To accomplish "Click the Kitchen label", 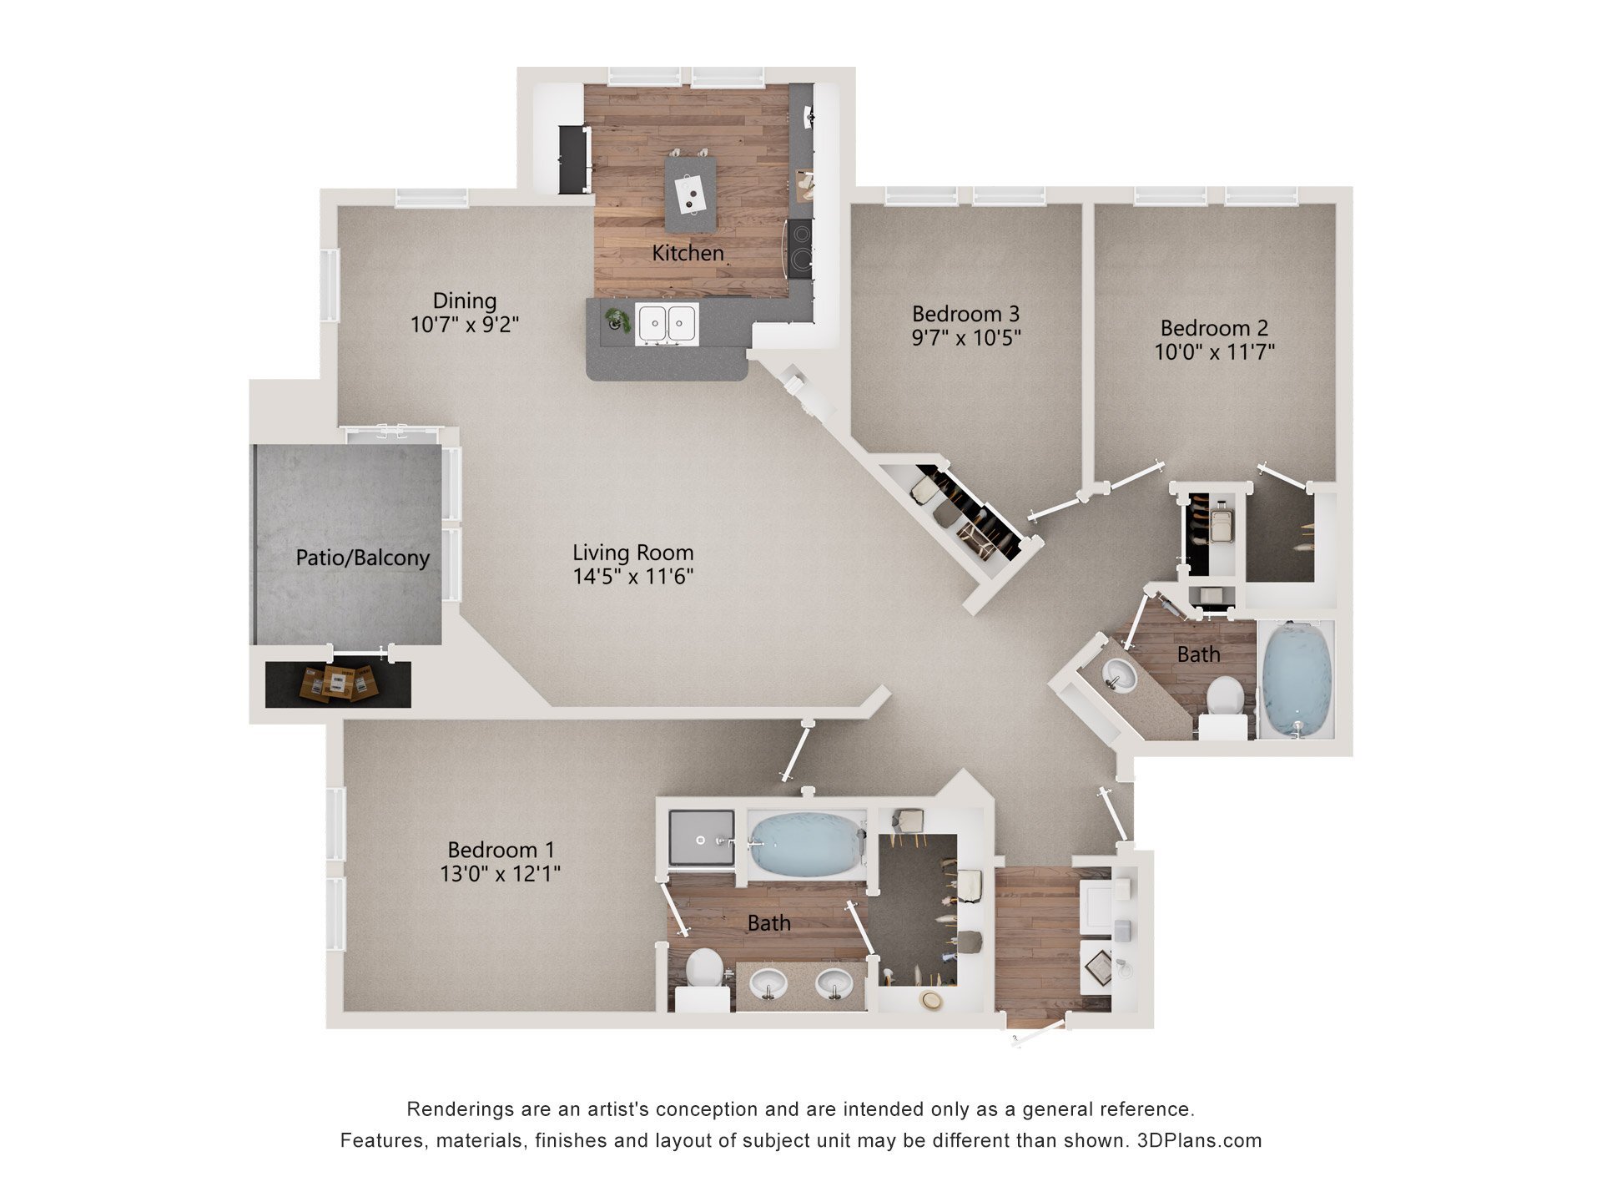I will [688, 253].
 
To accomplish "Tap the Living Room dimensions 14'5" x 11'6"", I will [632, 577].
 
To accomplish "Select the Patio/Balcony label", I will [362, 558].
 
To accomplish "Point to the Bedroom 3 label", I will [965, 314].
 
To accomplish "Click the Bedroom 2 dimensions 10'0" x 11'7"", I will [1214, 352].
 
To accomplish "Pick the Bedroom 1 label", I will [501, 850].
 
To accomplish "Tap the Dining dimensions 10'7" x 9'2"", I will [464, 325].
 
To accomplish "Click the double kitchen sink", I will [667, 324].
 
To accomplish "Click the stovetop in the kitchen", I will [801, 249].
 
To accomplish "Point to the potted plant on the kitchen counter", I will [617, 319].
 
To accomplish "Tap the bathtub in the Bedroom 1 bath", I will [804, 844].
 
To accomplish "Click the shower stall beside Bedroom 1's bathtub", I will [702, 837].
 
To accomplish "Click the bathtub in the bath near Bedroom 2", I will [1296, 679].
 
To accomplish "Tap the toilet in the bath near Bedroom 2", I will [1225, 701].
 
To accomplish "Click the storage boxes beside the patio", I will [338, 683].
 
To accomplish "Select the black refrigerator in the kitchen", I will [573, 159].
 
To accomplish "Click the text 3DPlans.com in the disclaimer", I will [1199, 1140].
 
